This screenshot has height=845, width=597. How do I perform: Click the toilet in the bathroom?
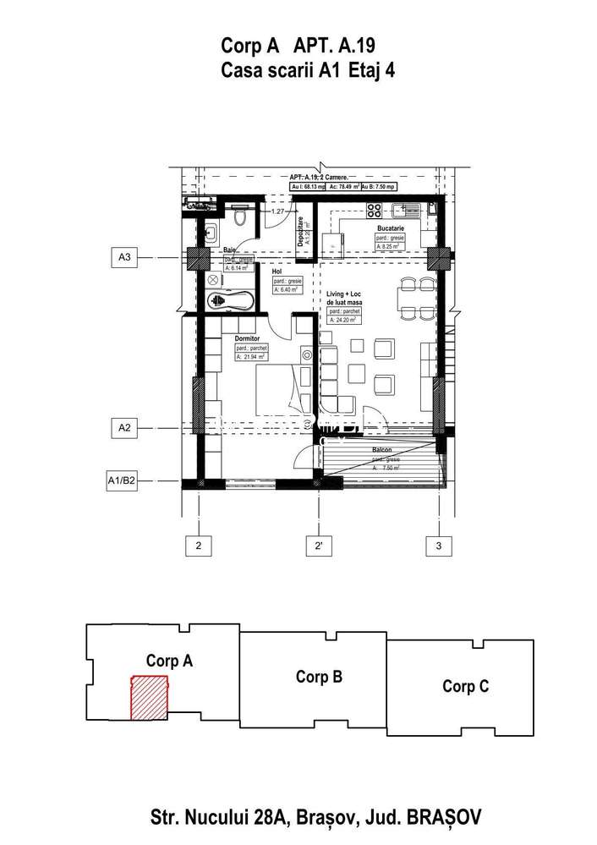240,218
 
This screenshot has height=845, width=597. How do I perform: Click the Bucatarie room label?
392,228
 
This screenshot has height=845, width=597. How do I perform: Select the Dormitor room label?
248,338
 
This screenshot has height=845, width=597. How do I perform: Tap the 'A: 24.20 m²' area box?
344,321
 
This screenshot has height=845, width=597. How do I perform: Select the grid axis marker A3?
124,256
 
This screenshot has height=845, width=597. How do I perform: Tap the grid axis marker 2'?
319,546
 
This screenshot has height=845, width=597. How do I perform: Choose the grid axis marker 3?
438,546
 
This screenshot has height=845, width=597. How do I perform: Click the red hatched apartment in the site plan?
147,697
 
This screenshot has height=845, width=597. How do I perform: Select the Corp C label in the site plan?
465,687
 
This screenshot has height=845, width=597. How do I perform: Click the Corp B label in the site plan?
319,677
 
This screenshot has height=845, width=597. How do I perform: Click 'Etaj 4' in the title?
371,71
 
